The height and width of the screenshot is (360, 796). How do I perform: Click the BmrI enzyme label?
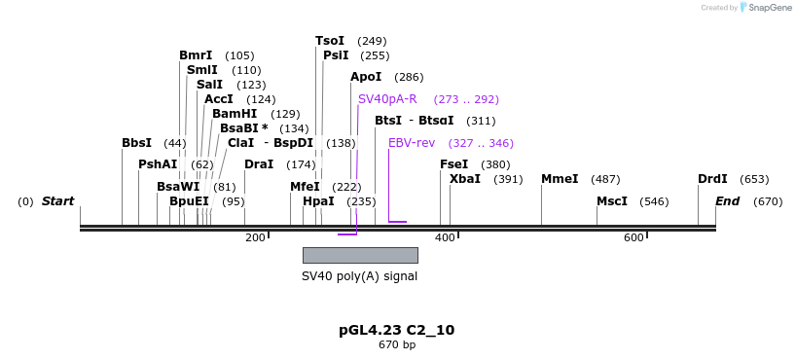point(196,55)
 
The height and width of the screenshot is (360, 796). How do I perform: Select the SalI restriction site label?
point(209,85)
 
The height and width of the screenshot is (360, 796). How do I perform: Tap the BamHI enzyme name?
point(235,114)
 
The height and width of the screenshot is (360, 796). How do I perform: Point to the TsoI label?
point(330,41)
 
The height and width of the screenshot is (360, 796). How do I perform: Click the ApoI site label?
point(366,77)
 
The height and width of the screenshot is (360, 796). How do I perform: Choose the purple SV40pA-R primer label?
point(387,99)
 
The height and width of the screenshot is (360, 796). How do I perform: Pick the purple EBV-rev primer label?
point(412,143)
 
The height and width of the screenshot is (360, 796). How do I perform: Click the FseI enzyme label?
point(454,164)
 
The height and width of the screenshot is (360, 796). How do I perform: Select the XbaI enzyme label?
point(465,179)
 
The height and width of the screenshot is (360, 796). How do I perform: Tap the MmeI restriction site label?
point(560,179)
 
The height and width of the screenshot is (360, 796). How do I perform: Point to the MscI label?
point(612,201)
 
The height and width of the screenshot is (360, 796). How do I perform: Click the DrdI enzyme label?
point(712,179)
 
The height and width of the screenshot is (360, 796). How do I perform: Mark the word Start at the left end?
point(57,201)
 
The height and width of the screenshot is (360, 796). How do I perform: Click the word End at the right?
point(728,201)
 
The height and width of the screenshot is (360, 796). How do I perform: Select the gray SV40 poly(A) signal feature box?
point(360,255)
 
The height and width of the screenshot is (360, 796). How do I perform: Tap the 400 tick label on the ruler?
point(445,238)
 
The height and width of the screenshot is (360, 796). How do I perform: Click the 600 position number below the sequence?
point(633,238)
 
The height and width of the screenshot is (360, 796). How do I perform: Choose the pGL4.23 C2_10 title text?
point(396,330)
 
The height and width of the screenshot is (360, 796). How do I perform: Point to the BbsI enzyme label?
point(136,143)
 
